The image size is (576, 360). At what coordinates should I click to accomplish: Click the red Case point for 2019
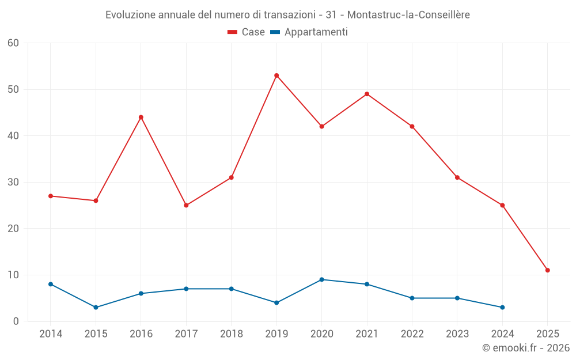click(276, 75)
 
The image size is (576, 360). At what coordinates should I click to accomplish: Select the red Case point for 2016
click(141, 117)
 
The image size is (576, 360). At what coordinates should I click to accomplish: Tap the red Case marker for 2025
click(547, 270)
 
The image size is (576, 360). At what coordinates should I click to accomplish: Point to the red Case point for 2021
click(367, 94)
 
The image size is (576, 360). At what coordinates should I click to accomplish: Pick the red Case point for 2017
click(186, 205)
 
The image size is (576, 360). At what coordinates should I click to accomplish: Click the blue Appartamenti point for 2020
click(321, 279)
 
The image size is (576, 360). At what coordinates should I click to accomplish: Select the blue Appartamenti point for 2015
click(96, 307)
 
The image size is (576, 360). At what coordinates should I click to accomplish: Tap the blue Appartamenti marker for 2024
click(502, 307)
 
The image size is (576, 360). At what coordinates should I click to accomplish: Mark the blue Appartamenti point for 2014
click(51, 284)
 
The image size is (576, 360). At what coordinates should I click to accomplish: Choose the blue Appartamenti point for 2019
click(276, 302)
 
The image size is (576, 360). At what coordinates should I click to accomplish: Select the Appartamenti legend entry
click(309, 32)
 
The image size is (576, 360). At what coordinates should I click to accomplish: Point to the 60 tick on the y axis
click(14, 43)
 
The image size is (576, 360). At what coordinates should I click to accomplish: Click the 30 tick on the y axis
click(14, 182)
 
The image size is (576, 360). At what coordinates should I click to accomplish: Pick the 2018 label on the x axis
click(231, 334)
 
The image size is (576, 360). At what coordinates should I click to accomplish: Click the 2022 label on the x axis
click(412, 334)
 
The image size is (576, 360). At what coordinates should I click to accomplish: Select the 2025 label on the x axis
click(547, 334)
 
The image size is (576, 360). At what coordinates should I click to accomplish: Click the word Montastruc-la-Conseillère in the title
click(408, 15)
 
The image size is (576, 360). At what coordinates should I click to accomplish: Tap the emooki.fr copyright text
click(525, 348)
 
